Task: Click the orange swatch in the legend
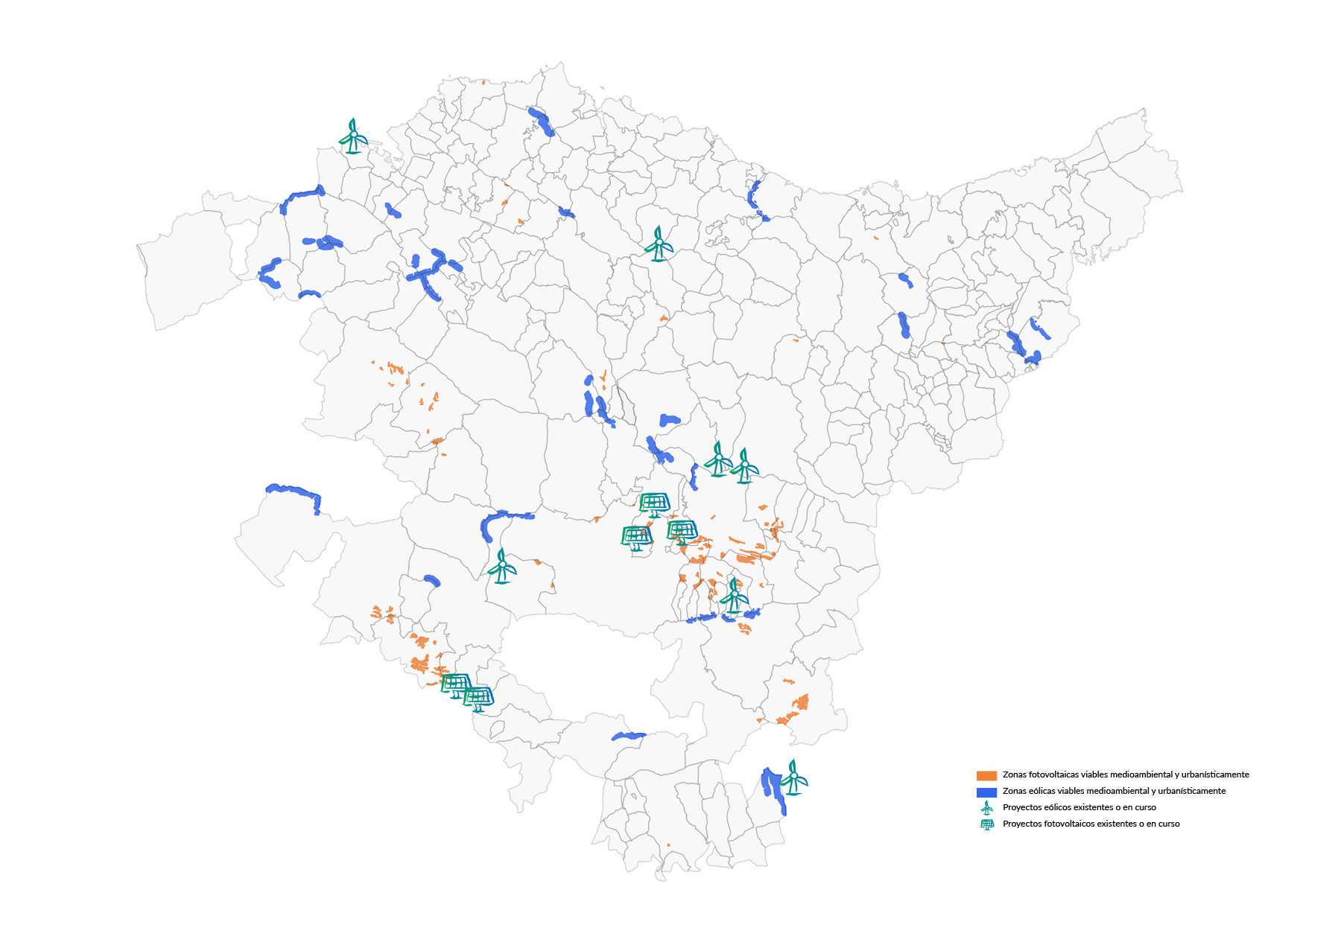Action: pyautogui.click(x=986, y=775)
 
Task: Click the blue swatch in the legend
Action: pyautogui.click(x=986, y=792)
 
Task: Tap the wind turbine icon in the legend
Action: pyautogui.click(x=987, y=807)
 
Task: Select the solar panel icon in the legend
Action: pyautogui.click(x=987, y=824)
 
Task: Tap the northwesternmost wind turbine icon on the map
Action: pyautogui.click(x=353, y=136)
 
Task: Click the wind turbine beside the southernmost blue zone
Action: pyautogui.click(x=794, y=777)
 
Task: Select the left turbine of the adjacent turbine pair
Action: pyautogui.click(x=718, y=459)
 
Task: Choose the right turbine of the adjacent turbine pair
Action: pyautogui.click(x=744, y=466)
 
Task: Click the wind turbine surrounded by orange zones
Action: pyautogui.click(x=734, y=596)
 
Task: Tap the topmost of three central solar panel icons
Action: pyautogui.click(x=654, y=504)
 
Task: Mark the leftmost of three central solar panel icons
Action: pyautogui.click(x=637, y=537)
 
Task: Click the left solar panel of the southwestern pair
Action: pyautogui.click(x=456, y=684)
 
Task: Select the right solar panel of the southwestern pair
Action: pyautogui.click(x=478, y=699)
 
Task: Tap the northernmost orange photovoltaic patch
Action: pyautogui.click(x=484, y=83)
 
